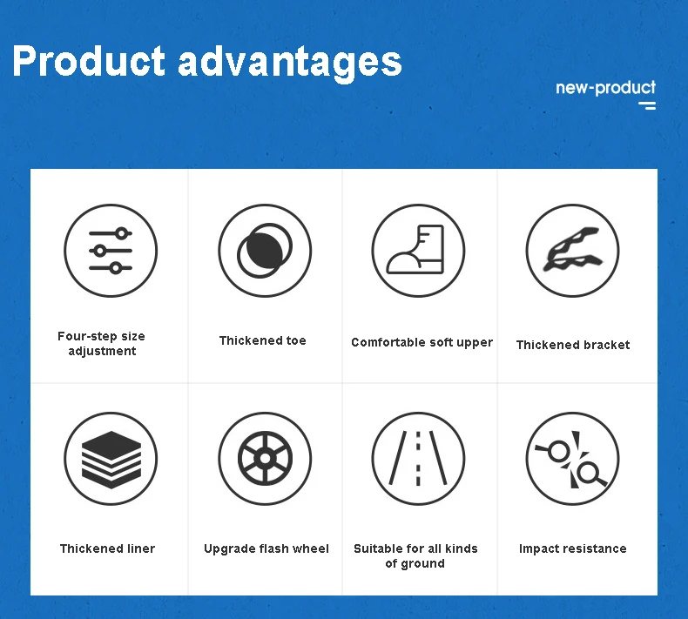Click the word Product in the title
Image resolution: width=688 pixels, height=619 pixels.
[x=89, y=61]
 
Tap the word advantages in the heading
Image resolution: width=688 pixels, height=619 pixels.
[x=290, y=63]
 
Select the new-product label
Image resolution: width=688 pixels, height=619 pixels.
[x=605, y=88]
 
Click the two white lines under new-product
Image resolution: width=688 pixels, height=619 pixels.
[x=647, y=105]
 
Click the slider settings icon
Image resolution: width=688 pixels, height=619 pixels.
[x=111, y=251]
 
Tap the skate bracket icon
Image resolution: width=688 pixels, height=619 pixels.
[x=572, y=251]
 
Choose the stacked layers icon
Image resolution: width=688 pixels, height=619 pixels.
[x=111, y=459]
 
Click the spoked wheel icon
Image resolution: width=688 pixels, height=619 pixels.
[x=265, y=459]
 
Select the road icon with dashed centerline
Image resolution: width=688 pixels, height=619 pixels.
[x=418, y=459]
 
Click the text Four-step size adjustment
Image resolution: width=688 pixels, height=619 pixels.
[x=101, y=344]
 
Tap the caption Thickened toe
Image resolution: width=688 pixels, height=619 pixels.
[x=262, y=340]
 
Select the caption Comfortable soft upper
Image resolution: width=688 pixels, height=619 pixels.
[x=422, y=343]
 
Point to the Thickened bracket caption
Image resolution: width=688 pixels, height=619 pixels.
[x=572, y=345]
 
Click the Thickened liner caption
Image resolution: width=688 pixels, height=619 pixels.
[x=107, y=548]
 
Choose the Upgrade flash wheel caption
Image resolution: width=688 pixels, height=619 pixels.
[x=266, y=548]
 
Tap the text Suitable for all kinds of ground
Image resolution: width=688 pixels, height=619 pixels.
[x=415, y=555]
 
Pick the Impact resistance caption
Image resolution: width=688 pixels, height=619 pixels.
[x=572, y=548]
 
